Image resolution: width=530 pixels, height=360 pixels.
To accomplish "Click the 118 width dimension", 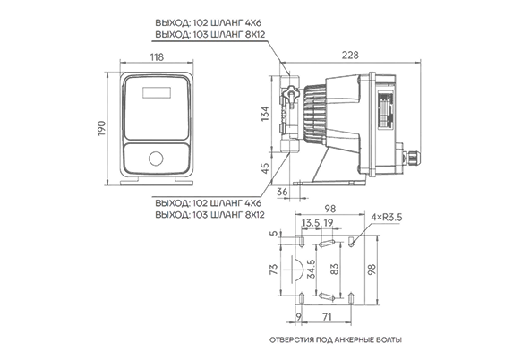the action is tap(157, 56).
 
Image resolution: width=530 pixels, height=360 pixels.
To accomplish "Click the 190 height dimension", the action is tap(102, 128).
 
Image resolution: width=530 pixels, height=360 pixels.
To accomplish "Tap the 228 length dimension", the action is tap(350, 55).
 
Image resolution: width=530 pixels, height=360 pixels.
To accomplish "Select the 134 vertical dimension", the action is tap(265, 114).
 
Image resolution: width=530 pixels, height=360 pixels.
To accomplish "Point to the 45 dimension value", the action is tap(266, 168).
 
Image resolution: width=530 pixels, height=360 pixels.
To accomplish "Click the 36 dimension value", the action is tap(282, 192).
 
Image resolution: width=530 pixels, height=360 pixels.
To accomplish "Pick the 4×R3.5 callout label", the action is tap(387, 217).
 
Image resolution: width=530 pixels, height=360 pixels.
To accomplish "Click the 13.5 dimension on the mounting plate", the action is tap(311, 223).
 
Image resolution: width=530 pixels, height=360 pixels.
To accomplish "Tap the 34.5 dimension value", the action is tap(311, 269).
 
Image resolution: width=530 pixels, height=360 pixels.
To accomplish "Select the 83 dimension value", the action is tap(334, 270).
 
